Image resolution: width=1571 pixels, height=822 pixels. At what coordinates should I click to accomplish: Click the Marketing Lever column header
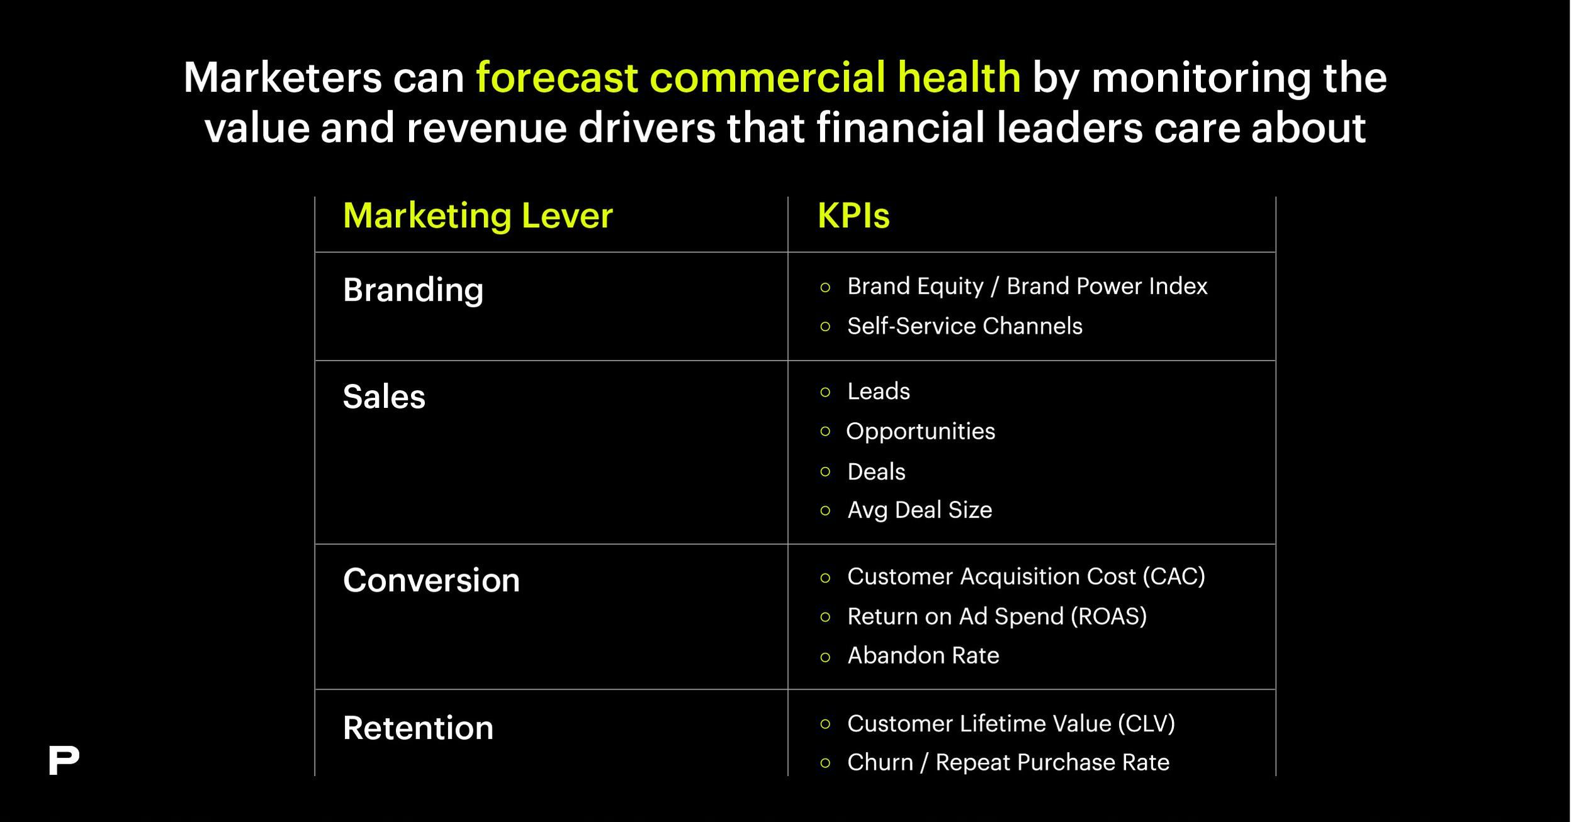tap(478, 216)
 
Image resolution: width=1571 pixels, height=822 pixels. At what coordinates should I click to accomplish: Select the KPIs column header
tap(853, 216)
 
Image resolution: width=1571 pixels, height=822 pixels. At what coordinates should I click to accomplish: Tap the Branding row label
tap(414, 291)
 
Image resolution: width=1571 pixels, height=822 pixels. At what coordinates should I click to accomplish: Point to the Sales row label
tap(384, 397)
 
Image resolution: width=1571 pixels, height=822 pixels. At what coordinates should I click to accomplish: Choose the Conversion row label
tap(432, 580)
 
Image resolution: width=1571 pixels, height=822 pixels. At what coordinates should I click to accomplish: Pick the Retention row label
tap(419, 728)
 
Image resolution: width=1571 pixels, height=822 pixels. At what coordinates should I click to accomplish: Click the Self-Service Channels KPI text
tap(965, 326)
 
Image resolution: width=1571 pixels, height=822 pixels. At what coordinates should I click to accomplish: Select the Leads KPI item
tap(879, 391)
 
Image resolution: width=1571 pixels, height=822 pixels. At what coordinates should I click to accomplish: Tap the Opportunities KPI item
tap(921, 432)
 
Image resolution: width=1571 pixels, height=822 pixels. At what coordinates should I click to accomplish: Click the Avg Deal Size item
tap(920, 510)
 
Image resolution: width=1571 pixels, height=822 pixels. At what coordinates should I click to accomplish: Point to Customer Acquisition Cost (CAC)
tap(1026, 577)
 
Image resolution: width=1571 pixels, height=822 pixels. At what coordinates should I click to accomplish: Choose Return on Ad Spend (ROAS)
tap(997, 616)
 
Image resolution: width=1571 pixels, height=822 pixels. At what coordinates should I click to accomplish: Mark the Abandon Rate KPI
tap(923, 656)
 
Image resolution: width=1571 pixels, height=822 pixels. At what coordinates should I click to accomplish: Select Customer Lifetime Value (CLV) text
tap(1011, 724)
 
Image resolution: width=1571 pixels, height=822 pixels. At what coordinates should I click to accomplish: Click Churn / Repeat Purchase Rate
tap(1008, 763)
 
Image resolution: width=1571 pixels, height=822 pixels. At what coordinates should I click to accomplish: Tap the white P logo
tap(63, 760)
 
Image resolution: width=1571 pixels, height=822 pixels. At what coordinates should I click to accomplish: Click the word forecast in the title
tap(556, 78)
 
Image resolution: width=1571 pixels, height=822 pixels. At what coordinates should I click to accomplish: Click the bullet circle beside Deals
tap(826, 472)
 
